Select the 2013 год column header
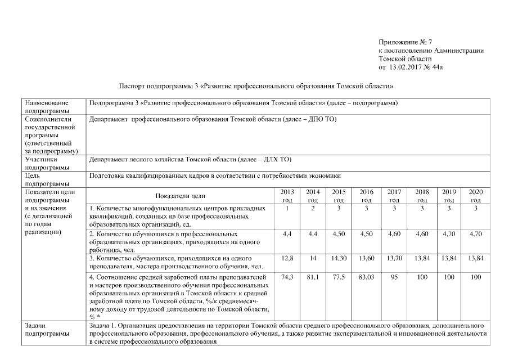pos(287,196)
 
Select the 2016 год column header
pos(366,196)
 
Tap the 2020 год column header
pos(475,196)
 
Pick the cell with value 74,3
pos(287,277)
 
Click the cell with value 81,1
pos(313,277)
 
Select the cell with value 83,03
pos(366,277)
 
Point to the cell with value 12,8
pos(287,258)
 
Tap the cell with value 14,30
pos(339,258)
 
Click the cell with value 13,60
pos(366,258)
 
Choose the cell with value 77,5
pos(339,277)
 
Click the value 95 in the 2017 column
pos(394,277)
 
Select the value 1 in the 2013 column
pos(287,209)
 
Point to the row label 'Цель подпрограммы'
pos(45,179)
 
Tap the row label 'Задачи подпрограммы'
pos(45,330)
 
